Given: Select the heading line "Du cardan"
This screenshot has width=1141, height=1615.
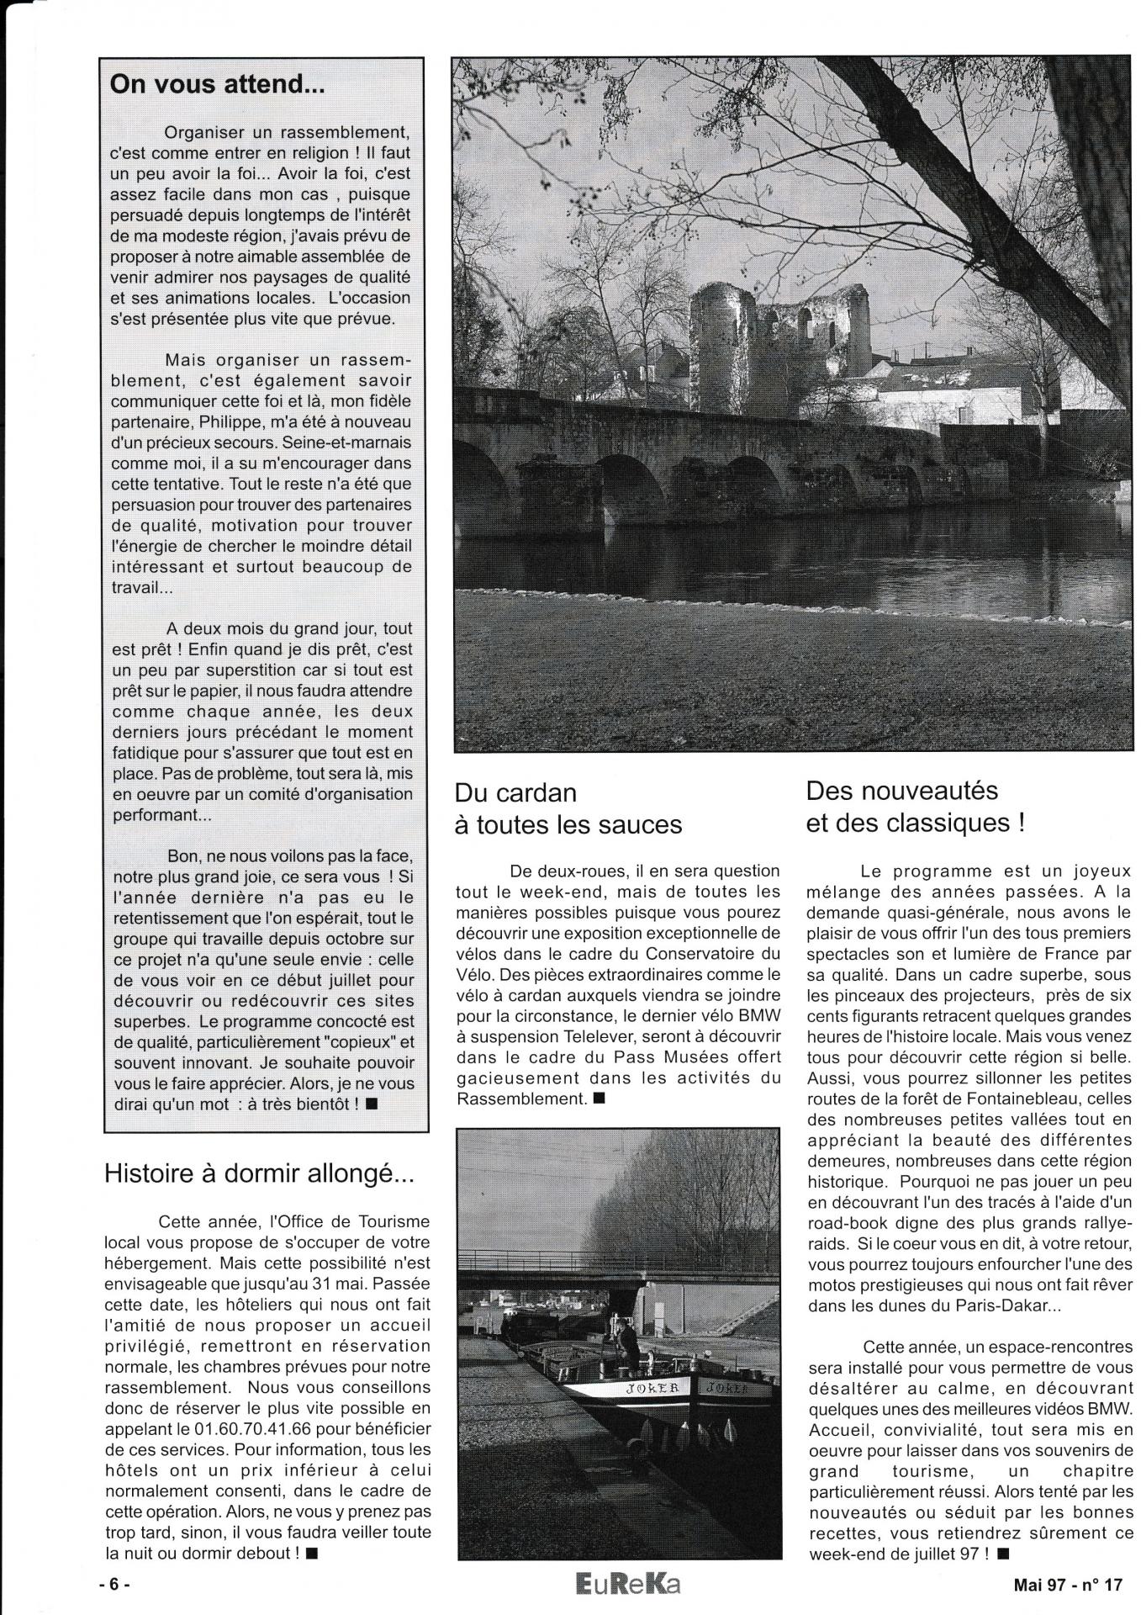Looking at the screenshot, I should (515, 793).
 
